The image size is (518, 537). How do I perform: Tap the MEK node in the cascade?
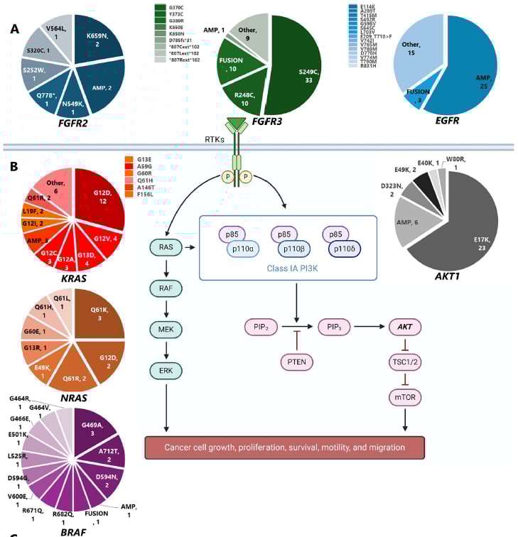click(x=166, y=330)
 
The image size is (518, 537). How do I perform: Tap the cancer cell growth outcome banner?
click(x=284, y=447)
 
